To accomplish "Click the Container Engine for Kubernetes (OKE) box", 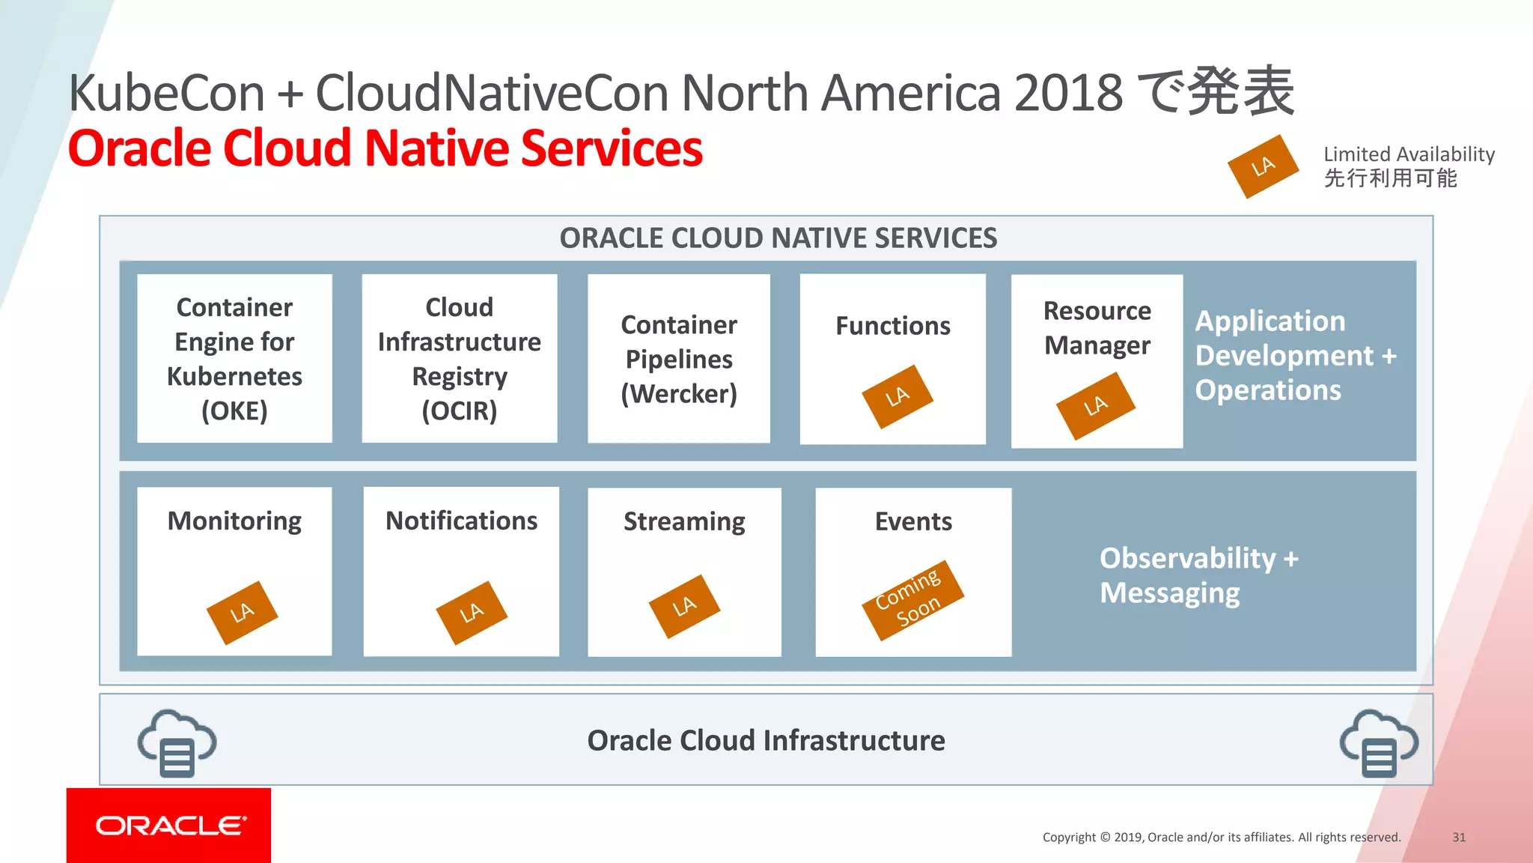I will pyautogui.click(x=234, y=358).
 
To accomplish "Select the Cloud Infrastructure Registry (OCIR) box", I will pyautogui.click(x=459, y=358).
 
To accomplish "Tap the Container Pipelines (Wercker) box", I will pyautogui.click(x=678, y=358).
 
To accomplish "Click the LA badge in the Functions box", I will pyautogui.click(x=897, y=396).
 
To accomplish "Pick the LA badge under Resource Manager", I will pyautogui.click(x=1095, y=405).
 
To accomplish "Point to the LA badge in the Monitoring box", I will pyautogui.click(x=242, y=612).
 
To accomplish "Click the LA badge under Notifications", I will pyautogui.click(x=472, y=612).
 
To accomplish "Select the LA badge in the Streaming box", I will pyautogui.click(x=684, y=606).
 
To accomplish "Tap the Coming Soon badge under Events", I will pyautogui.click(x=912, y=600).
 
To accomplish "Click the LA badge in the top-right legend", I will pyautogui.click(x=1263, y=166).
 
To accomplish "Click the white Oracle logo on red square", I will pyautogui.click(x=169, y=825).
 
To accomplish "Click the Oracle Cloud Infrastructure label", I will pyautogui.click(x=766, y=740).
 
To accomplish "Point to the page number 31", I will pyautogui.click(x=1458, y=837).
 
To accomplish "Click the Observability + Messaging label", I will pyautogui.click(x=1198, y=575).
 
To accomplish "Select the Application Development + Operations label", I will pyautogui.click(x=1295, y=355).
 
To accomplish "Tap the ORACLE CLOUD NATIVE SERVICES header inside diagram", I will pyautogui.click(x=778, y=238).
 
